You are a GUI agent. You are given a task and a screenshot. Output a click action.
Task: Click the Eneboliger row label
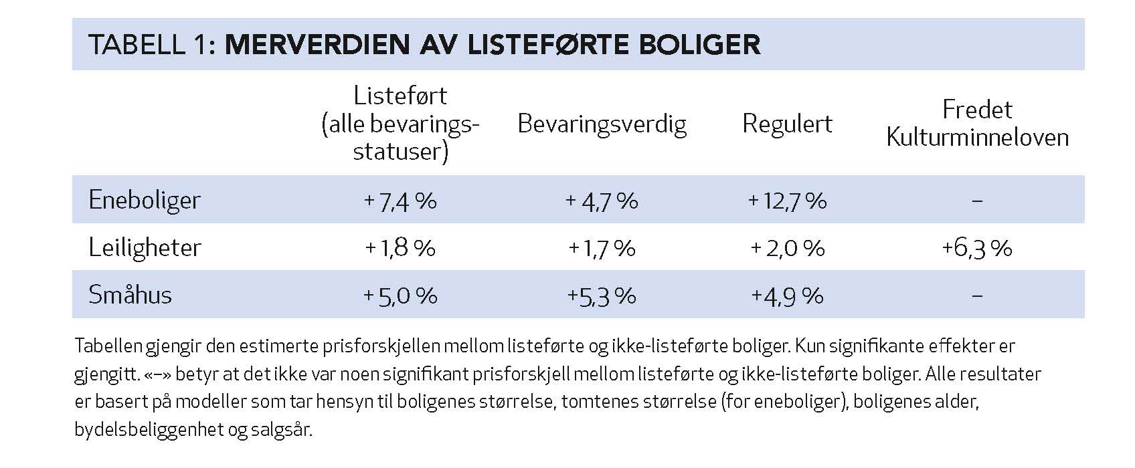[x=145, y=200]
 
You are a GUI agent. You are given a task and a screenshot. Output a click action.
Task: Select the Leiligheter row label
[x=145, y=247]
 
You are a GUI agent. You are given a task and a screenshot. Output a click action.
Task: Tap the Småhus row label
[x=130, y=295]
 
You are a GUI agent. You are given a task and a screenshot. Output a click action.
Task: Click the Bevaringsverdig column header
[x=602, y=124]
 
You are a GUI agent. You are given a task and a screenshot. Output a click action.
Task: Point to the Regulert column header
[x=787, y=124]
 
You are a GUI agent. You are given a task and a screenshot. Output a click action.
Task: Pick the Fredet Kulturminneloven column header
[x=977, y=124]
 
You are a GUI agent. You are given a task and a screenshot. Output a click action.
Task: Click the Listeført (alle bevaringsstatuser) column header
[x=400, y=124]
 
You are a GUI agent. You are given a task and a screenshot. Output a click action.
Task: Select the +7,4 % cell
[x=400, y=201]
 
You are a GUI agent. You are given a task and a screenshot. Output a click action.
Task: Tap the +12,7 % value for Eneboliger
[x=787, y=201]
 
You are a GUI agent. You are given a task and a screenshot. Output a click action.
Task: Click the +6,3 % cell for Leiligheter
[x=976, y=248]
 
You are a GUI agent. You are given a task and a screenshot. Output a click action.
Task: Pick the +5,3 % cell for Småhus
[x=601, y=296]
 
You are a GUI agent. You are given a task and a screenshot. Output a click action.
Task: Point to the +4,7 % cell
[x=601, y=201]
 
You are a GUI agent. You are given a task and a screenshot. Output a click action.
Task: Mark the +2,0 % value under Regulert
[x=787, y=248]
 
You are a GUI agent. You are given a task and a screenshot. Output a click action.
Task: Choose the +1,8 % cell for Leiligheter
[x=400, y=248]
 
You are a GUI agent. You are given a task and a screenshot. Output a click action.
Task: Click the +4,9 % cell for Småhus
[x=787, y=296]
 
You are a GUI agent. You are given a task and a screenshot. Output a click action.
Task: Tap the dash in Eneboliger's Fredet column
[x=976, y=201]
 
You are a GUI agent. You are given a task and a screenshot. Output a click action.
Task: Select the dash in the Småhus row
[x=976, y=296]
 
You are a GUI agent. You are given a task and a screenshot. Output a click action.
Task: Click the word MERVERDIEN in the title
[x=318, y=45]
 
